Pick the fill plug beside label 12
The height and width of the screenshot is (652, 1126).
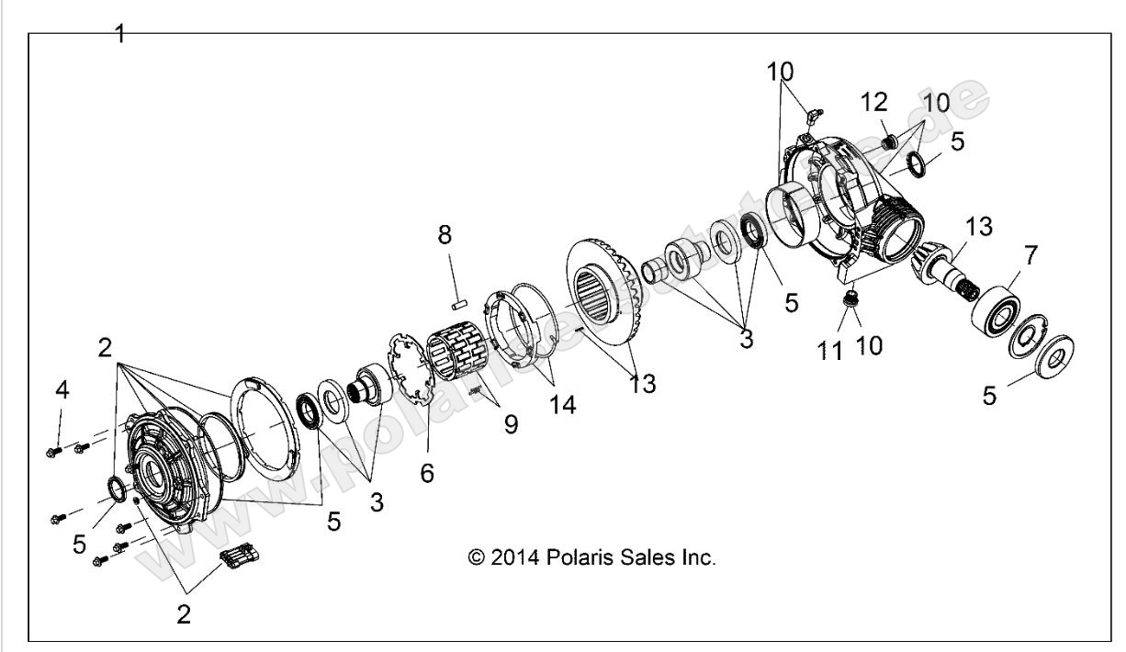point(889,142)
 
